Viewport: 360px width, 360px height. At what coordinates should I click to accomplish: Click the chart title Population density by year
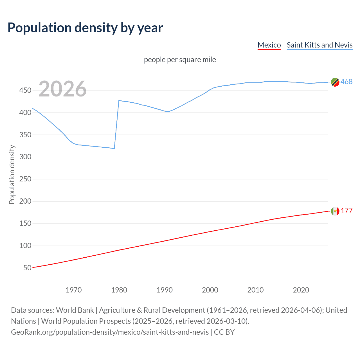(85, 28)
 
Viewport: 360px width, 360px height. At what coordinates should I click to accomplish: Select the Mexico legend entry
(269, 45)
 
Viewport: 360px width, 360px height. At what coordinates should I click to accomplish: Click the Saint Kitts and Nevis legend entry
(319, 45)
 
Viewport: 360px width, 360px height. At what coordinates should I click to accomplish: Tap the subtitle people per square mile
(180, 60)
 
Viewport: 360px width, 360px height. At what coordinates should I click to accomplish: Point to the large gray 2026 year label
(62, 89)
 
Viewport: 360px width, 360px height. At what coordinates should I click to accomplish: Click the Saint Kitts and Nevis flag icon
(335, 82)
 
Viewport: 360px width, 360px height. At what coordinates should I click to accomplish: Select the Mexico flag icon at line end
(335, 211)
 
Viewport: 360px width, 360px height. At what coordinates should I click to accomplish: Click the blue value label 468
(346, 82)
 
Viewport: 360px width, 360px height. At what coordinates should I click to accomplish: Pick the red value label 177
(346, 211)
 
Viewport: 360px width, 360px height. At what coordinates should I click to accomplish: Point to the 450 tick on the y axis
(25, 90)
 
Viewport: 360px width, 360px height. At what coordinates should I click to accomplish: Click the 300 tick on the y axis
(25, 157)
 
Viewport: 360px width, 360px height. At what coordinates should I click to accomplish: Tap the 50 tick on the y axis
(27, 268)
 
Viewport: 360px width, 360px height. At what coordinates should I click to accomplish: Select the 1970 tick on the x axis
(74, 290)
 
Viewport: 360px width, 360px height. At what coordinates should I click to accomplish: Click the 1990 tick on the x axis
(165, 290)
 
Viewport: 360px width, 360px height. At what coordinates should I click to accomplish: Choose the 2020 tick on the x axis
(301, 290)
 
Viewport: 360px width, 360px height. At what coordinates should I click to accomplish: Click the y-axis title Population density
(12, 174)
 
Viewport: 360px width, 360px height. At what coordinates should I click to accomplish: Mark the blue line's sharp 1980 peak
(119, 100)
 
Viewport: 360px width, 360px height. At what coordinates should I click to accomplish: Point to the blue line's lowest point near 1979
(114, 148)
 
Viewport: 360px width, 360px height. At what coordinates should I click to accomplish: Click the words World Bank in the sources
(75, 310)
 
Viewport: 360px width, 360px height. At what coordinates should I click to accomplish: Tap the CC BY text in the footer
(224, 332)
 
